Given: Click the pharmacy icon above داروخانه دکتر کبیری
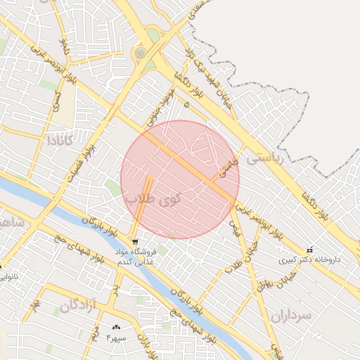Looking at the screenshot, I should (x=311, y=250).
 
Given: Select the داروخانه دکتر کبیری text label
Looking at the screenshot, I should (x=310, y=259).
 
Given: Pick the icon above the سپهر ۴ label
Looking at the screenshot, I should (x=116, y=327).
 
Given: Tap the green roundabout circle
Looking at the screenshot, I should (x=140, y=53).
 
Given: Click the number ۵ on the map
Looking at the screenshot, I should (x=186, y=104).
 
